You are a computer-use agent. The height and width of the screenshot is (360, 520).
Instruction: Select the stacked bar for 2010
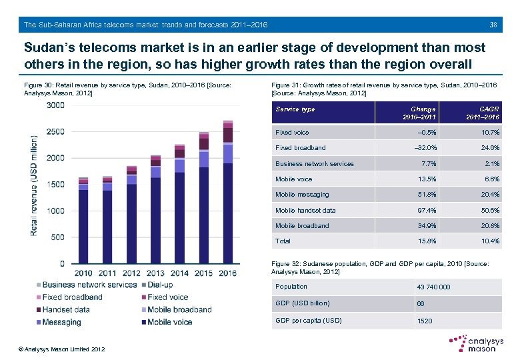point(83,221)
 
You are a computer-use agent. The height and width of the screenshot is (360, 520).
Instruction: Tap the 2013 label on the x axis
point(155,273)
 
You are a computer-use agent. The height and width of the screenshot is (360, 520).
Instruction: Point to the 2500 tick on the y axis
point(56,132)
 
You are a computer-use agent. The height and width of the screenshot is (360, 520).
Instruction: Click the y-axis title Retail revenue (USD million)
point(33,185)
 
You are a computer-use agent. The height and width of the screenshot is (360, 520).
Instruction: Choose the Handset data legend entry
point(66,310)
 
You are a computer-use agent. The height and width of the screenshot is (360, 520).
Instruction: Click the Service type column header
point(295,109)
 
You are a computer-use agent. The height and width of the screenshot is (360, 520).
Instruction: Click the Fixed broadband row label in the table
point(301,148)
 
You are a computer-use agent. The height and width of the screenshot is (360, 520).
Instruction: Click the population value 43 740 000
point(433,287)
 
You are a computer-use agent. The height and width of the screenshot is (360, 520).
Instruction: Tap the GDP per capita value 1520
point(424,321)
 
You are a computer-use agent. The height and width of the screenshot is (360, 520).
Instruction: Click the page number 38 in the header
point(493,25)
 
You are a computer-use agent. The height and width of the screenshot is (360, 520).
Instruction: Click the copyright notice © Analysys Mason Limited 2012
point(61,349)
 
